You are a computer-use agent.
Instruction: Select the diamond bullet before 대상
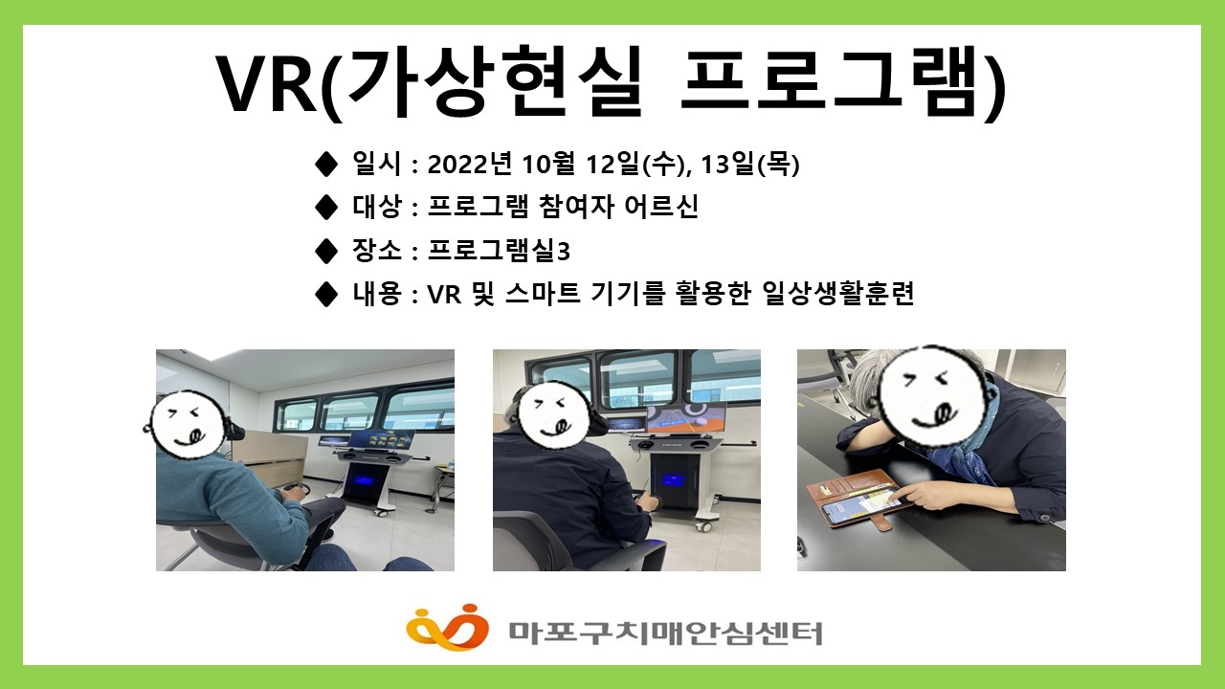click(325, 208)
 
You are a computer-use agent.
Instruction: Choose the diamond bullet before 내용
click(325, 293)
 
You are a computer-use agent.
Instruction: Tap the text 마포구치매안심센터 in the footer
click(664, 632)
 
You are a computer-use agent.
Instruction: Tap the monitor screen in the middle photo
click(685, 418)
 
